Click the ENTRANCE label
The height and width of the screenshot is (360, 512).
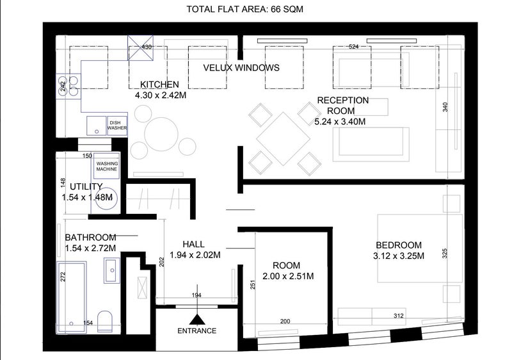[197, 331]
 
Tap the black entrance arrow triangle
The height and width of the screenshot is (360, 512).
[197, 319]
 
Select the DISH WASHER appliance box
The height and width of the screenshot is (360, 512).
[117, 125]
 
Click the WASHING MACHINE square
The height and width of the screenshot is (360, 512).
[107, 166]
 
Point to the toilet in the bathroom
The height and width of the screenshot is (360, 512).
[105, 321]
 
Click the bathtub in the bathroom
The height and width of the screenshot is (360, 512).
[72, 297]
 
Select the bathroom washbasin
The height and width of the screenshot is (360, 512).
[111, 270]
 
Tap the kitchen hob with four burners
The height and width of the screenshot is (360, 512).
[68, 86]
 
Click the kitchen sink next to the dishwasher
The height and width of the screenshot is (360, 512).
[97, 126]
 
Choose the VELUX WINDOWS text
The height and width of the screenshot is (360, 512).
[241, 68]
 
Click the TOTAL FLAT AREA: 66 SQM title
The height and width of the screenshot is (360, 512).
[245, 9]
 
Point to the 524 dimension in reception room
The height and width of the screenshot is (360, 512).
[354, 47]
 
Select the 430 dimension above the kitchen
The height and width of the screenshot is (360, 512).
[147, 47]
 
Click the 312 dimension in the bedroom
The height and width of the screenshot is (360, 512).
[399, 316]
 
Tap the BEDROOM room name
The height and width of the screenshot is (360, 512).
[399, 245]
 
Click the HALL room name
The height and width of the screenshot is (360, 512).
[194, 244]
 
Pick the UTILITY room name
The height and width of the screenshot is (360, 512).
[86, 186]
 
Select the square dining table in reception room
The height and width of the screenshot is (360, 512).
[283, 139]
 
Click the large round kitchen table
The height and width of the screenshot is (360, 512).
[161, 134]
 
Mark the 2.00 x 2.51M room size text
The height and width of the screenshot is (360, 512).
[288, 276]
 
